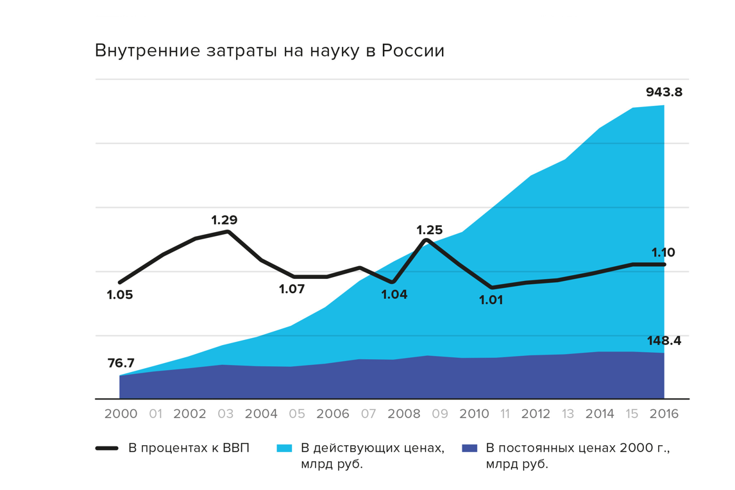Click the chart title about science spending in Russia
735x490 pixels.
point(269,51)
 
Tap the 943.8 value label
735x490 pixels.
point(664,92)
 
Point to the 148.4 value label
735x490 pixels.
point(664,341)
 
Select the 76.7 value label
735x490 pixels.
point(120,363)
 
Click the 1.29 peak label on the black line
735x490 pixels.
point(224,220)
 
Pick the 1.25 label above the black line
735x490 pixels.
point(430,230)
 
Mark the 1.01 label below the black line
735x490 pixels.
point(491,300)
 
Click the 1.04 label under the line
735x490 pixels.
point(394,294)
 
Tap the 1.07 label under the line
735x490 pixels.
point(292,289)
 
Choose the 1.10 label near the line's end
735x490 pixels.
point(663,253)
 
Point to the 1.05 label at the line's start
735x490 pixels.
point(120,295)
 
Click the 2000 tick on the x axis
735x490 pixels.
point(121,414)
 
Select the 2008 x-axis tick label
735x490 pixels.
point(403,414)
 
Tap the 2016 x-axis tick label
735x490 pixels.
point(663,414)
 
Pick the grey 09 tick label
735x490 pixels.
point(439,414)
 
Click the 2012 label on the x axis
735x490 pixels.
point(535,414)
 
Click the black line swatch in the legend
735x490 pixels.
point(107,448)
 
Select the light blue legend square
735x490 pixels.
point(284,448)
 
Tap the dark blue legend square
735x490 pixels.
point(469,448)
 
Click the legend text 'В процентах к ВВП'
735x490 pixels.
point(189,448)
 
